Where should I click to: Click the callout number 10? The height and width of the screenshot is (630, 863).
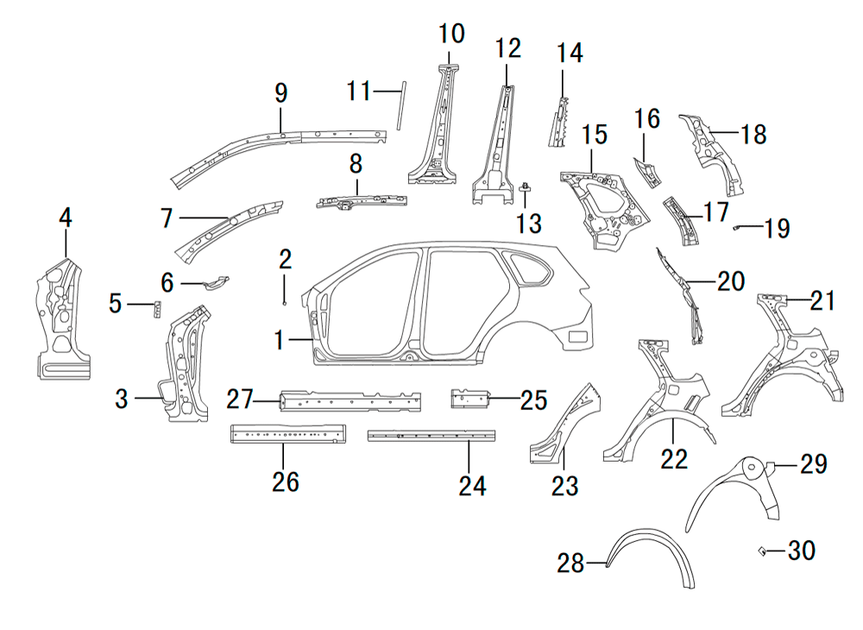tap(451, 35)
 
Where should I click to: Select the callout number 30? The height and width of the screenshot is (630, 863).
tap(801, 551)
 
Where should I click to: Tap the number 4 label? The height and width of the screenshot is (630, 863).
tap(66, 218)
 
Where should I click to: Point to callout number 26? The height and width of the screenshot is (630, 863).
tap(286, 482)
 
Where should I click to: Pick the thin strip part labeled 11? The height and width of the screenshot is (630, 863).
tap(400, 106)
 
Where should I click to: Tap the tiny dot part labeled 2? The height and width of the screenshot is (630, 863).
tap(284, 303)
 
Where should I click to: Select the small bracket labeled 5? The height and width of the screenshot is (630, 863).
tap(157, 309)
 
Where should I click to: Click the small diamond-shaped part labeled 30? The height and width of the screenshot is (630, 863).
tap(762, 551)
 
